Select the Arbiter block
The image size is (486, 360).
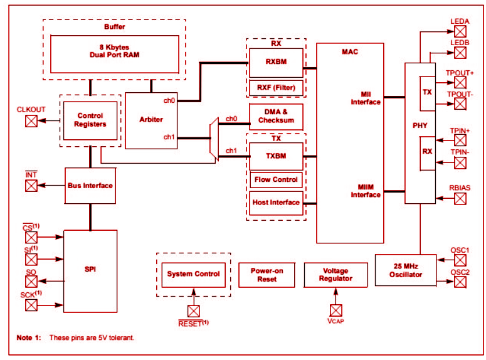(x=151, y=120)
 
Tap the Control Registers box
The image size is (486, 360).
(x=91, y=120)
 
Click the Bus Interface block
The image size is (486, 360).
(x=90, y=186)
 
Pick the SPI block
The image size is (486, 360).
(x=90, y=270)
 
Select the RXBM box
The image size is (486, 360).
(x=276, y=63)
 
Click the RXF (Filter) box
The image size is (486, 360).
(x=276, y=88)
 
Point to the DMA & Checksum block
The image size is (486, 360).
(x=276, y=116)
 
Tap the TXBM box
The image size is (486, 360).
(x=276, y=156)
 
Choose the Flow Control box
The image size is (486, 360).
(x=276, y=180)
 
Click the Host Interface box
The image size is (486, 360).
(x=276, y=203)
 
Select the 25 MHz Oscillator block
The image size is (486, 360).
(x=404, y=270)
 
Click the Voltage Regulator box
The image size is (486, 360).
(x=335, y=275)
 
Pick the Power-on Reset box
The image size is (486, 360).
(x=267, y=275)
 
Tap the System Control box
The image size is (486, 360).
(x=193, y=274)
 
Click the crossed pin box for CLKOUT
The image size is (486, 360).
(x=31, y=121)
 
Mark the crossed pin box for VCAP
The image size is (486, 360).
(x=335, y=310)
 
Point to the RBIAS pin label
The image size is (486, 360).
(x=460, y=188)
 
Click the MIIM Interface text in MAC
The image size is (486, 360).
(x=366, y=190)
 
